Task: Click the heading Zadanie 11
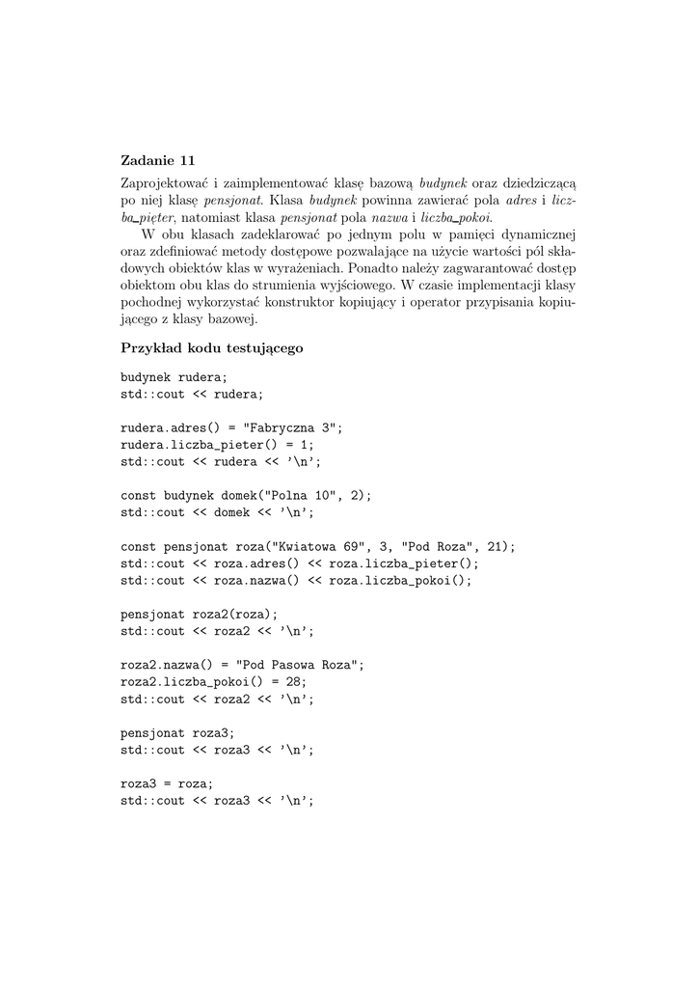[157, 160]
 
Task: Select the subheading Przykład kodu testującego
[212, 348]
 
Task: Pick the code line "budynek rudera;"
[174, 377]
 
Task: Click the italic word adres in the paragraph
[522, 200]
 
